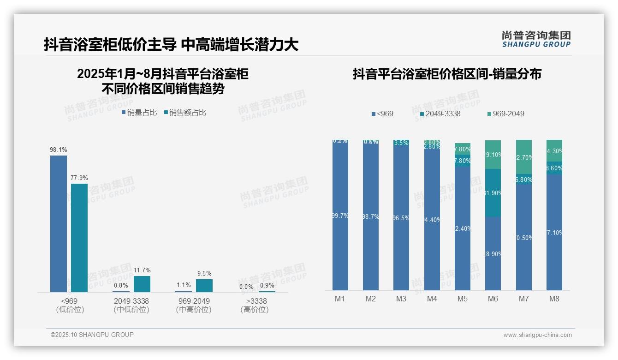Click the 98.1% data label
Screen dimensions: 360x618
[59, 150]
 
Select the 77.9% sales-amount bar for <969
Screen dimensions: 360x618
[79, 238]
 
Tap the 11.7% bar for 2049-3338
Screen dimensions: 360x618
[142, 284]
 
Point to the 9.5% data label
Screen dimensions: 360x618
[204, 273]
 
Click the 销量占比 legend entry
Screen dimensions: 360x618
[139, 112]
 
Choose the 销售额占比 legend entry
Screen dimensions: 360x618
[185, 112]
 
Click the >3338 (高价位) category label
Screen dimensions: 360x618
[254, 305]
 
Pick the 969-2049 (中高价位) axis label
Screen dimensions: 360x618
[193, 305]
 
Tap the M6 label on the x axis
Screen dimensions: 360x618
[493, 299]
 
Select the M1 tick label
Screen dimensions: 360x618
[340, 299]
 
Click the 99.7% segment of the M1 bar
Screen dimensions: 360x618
[340, 216]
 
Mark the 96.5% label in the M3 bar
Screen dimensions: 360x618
[401, 218]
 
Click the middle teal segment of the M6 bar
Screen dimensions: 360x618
[493, 193]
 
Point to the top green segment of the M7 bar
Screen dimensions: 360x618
[524, 157]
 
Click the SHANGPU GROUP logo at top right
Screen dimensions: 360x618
[536, 39]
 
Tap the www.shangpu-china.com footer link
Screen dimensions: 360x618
[537, 335]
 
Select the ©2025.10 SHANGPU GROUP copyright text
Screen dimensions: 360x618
[92, 335]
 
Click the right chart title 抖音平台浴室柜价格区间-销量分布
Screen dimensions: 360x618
[447, 74]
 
